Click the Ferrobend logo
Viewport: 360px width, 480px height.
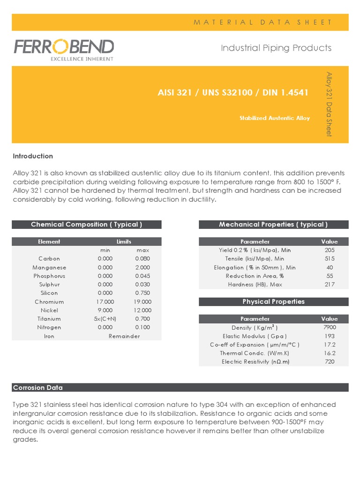point(63,49)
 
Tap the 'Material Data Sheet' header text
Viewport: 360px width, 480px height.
point(262,22)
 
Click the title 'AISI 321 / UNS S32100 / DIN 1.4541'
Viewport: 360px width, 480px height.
point(233,92)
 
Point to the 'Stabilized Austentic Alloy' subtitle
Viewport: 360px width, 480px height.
point(274,118)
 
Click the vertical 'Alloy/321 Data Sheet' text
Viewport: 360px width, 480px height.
point(329,104)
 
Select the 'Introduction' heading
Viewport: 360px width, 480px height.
point(33,156)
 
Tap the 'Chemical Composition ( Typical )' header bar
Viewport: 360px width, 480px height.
point(86,225)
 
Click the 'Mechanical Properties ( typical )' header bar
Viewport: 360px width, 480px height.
point(273,225)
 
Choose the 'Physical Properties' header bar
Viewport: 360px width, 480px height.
point(273,301)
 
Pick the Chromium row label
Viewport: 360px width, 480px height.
point(49,302)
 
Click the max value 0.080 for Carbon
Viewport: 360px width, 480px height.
point(142,259)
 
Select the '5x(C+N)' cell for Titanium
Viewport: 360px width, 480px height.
point(105,319)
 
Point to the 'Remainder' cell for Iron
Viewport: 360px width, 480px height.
point(124,336)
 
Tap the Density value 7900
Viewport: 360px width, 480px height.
point(329,327)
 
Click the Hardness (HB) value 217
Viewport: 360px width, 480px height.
point(329,285)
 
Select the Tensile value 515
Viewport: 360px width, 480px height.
point(329,259)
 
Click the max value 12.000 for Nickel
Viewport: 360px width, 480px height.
point(142,310)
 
